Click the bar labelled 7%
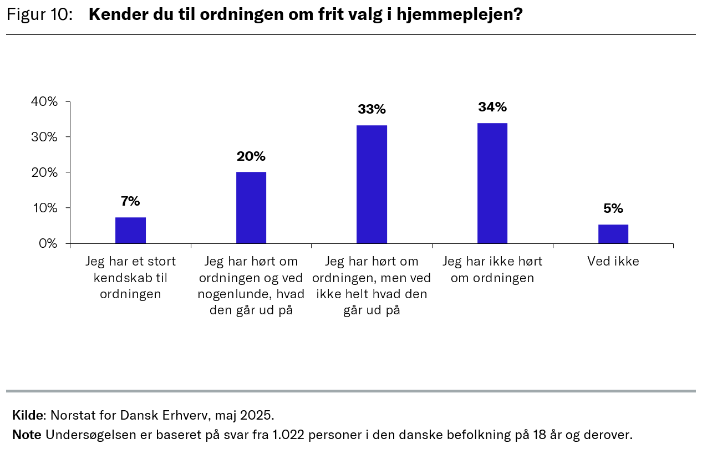pos(130,230)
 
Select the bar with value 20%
pos(251,207)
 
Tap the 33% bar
pos(372,184)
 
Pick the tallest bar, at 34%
pos(492,183)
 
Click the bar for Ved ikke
pos(613,233)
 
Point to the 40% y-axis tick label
pos(45,101)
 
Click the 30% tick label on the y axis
pos(45,137)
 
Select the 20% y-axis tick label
pos(45,172)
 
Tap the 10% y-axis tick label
pos(45,208)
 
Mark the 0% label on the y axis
pos(48,243)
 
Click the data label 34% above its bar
pos(492,107)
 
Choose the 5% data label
pos(613,209)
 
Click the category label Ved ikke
pos(613,261)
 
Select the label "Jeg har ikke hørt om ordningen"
pos(492,269)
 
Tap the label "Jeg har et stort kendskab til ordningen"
pos(130,277)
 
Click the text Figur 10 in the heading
pos(39,15)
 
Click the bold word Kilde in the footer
pos(28,415)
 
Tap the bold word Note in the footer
pos(27,435)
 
